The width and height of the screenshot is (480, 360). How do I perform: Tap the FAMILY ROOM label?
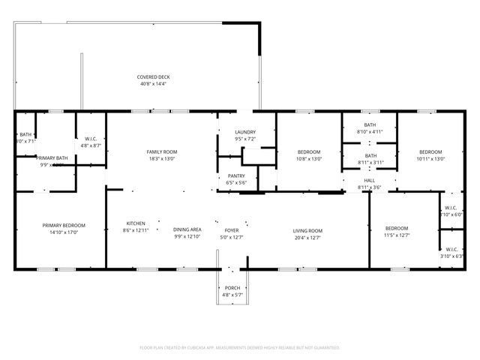(x=161, y=152)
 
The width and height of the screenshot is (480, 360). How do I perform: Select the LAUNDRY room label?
(x=244, y=132)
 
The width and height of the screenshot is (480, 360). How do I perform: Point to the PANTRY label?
(x=236, y=176)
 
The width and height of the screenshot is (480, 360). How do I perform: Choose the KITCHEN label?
(x=135, y=223)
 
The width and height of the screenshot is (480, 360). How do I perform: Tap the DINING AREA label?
(x=187, y=229)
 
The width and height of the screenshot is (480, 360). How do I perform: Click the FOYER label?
(x=232, y=230)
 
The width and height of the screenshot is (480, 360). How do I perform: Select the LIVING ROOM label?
(x=307, y=230)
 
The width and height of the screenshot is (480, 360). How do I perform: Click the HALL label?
(x=370, y=181)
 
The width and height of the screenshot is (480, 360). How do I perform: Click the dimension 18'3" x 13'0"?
(x=161, y=159)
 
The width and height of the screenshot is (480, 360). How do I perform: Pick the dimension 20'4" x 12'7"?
(x=307, y=237)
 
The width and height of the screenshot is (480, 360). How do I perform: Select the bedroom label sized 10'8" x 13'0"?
(x=308, y=152)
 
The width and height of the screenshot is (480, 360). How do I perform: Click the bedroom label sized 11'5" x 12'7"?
(x=397, y=228)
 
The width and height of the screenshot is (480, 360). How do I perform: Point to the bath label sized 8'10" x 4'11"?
(x=370, y=125)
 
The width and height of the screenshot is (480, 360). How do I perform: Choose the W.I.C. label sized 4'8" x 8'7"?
(x=90, y=139)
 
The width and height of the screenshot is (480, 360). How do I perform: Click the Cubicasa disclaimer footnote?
(x=240, y=347)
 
